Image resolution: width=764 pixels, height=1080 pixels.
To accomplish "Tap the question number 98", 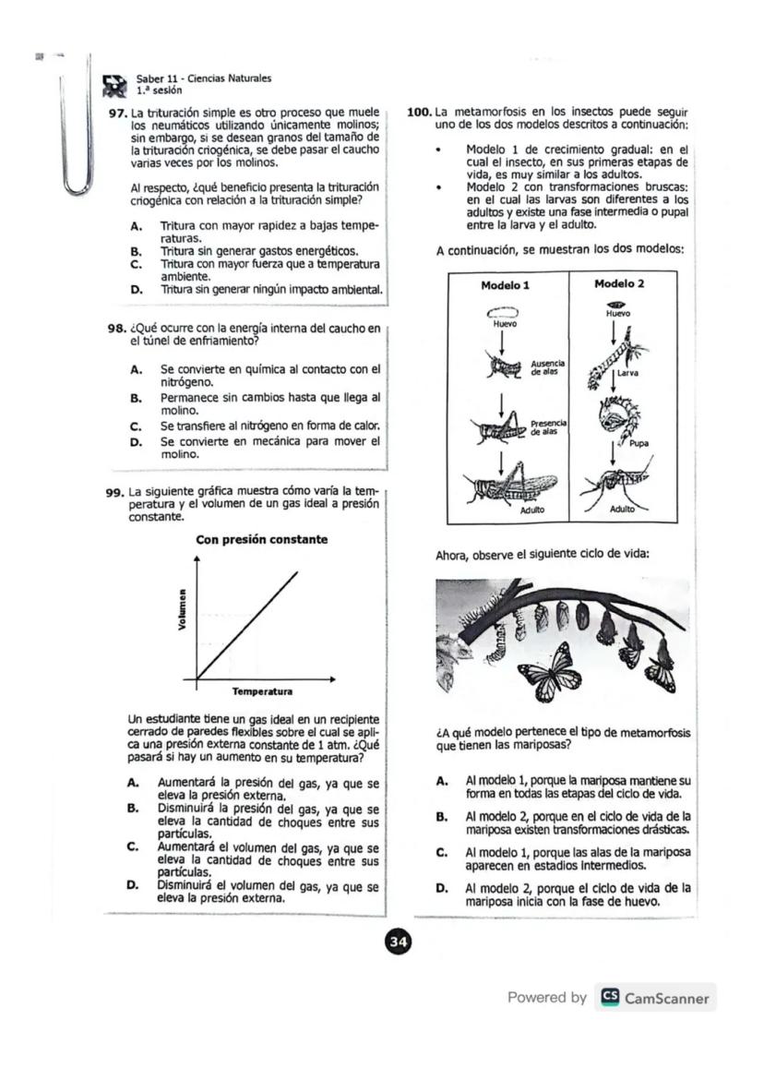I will [x=117, y=328].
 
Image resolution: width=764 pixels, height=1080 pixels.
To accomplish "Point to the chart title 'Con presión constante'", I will [x=261, y=539].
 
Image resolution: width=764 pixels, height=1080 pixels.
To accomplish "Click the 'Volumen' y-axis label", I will [x=183, y=610].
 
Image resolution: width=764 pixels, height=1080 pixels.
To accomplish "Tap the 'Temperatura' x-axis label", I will [x=262, y=690].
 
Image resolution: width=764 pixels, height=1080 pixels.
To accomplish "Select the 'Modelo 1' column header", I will [x=505, y=285].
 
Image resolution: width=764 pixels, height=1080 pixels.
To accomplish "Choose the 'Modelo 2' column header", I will [x=618, y=284].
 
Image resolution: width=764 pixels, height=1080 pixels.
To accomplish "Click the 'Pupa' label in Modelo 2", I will [x=639, y=443].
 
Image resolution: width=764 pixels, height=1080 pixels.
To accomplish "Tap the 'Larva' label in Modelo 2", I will [x=640, y=374].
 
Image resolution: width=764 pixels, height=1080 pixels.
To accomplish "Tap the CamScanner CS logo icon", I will [x=609, y=998].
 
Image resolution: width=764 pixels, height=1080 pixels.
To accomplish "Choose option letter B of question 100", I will [x=442, y=817].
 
